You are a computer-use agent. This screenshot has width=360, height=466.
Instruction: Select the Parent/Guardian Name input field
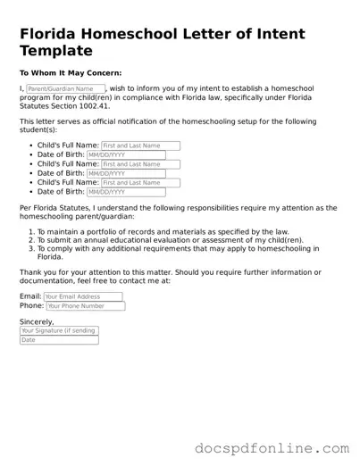pos(65,89)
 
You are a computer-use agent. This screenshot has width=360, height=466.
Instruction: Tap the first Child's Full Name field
pos(140,146)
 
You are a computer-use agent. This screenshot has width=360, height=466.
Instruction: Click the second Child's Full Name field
pos(140,164)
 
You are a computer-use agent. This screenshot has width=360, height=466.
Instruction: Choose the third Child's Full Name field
pos(140,183)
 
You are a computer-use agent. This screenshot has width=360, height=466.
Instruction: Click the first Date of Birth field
pos(126,154)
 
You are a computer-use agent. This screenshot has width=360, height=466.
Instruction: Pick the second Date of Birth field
pos(126,173)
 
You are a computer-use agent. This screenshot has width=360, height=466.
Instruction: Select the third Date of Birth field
pos(126,192)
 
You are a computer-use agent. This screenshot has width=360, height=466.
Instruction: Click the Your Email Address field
pos(82,296)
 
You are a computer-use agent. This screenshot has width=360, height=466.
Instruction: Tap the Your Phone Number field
pos(85,306)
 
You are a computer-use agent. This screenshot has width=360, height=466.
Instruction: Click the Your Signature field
pos(59,330)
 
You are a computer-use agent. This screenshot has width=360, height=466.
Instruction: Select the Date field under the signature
pos(59,340)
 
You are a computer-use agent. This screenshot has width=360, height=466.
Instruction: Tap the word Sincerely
pos(37,321)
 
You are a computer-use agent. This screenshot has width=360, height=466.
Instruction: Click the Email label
pos(29,296)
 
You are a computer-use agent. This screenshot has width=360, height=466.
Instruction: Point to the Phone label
pos(31,306)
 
